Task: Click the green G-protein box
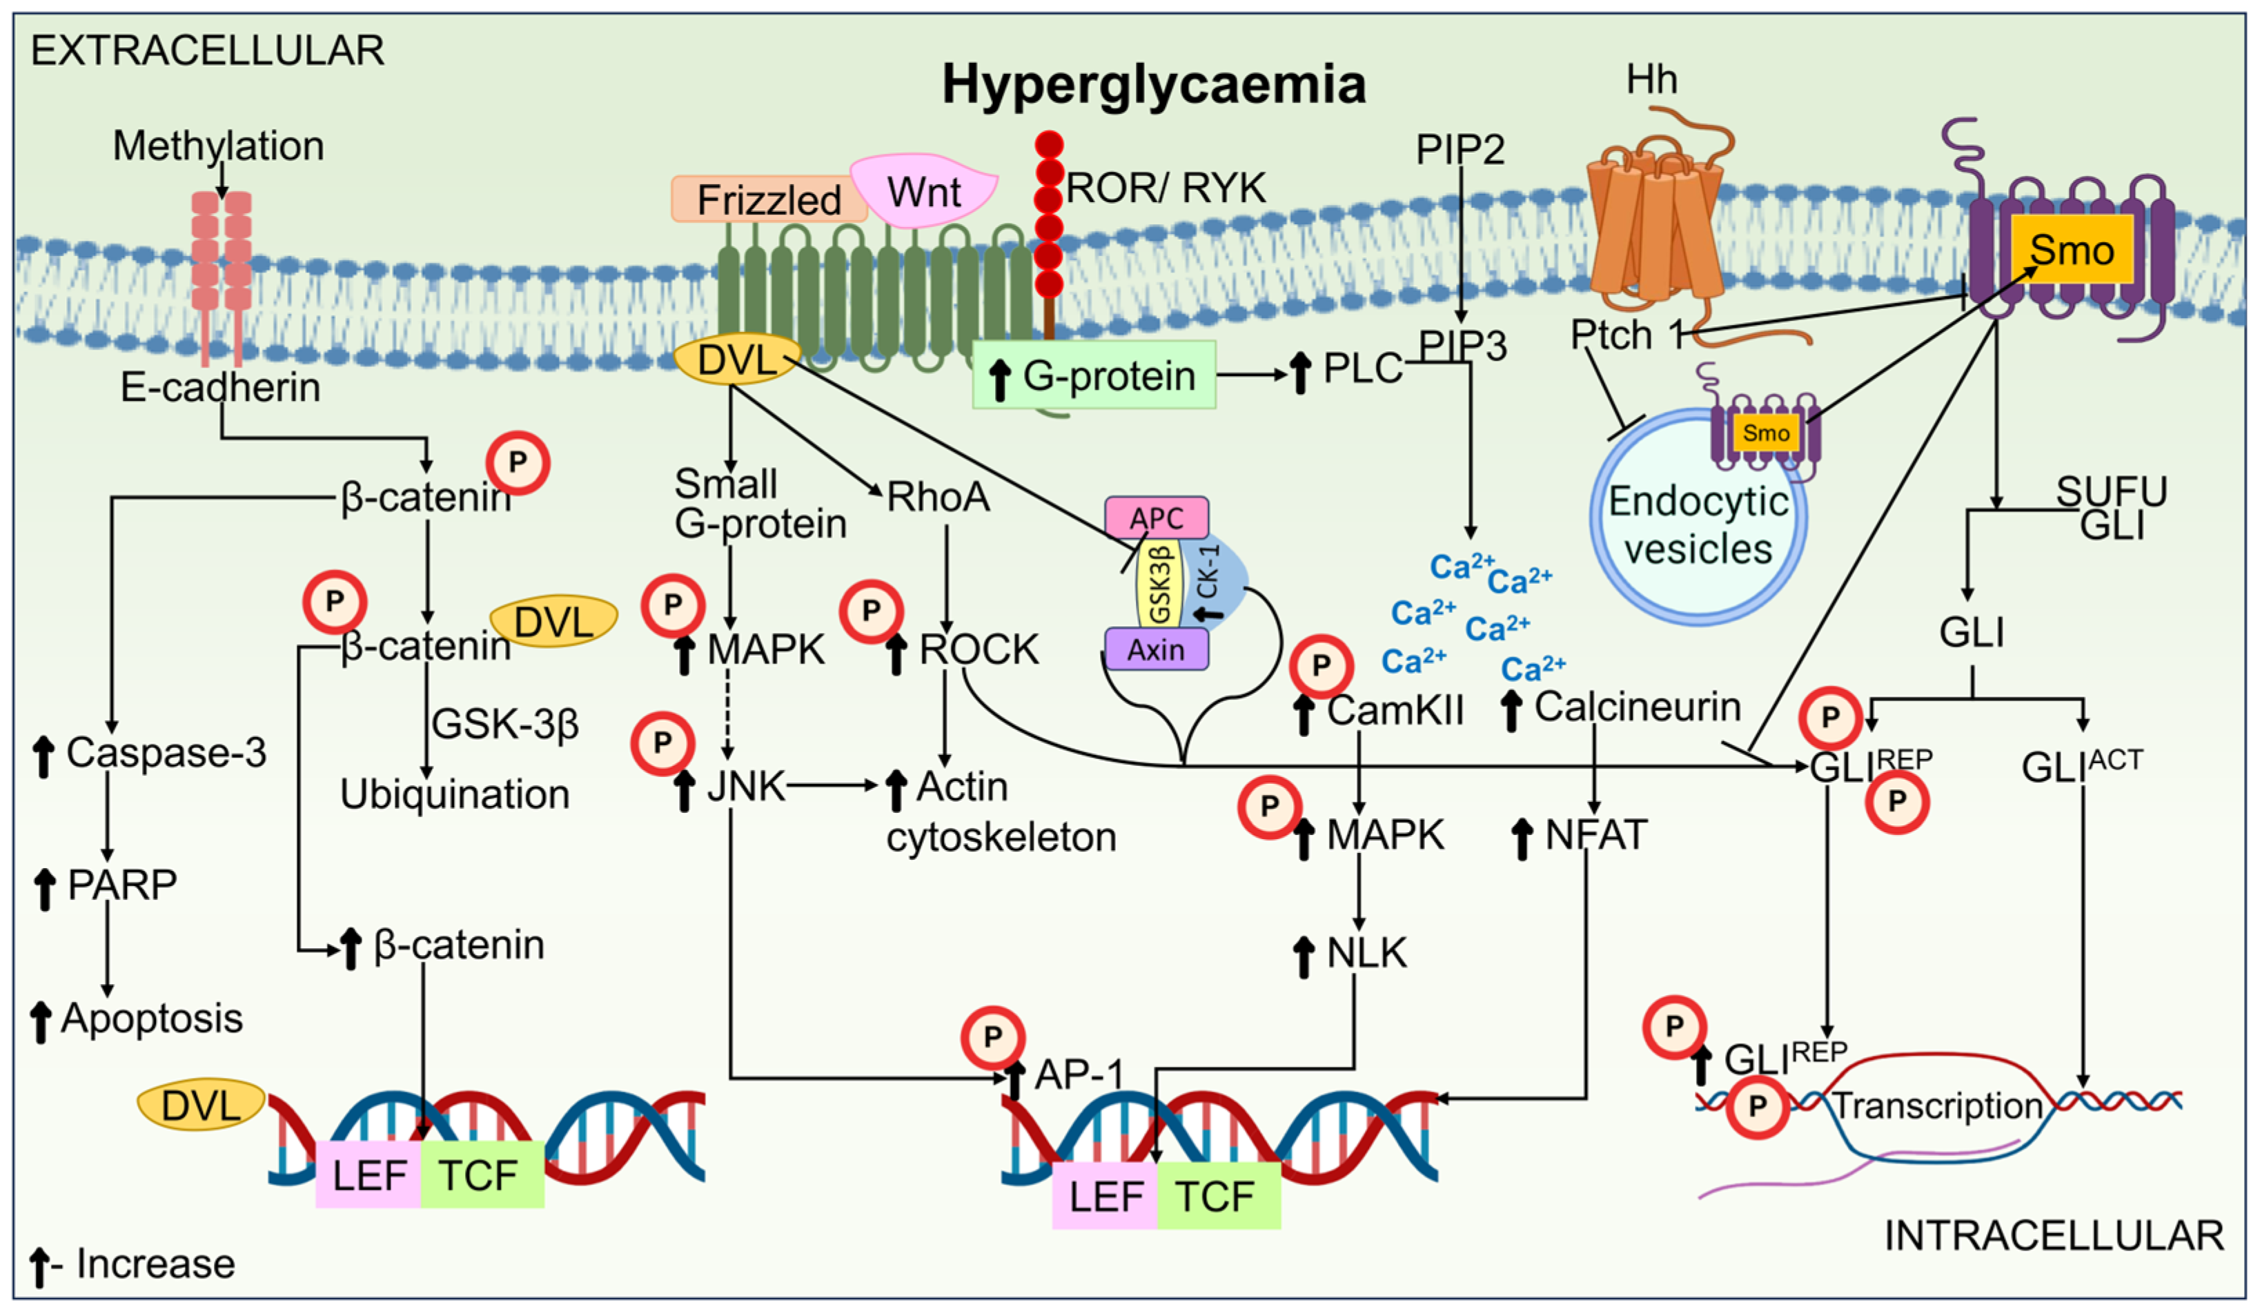tap(1094, 375)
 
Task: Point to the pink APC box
tap(1156, 518)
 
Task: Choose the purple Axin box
tap(1156, 649)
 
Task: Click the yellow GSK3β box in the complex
tap(1159, 583)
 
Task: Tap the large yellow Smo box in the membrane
tap(2071, 249)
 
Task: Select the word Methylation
tap(218, 146)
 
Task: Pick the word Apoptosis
tap(152, 1018)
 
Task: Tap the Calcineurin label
tap(1637, 707)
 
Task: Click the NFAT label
tap(1595, 835)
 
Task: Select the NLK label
tap(1366, 953)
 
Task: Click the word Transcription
tap(1937, 1106)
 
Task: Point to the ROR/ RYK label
tap(1165, 188)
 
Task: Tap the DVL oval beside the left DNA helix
tap(200, 1104)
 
